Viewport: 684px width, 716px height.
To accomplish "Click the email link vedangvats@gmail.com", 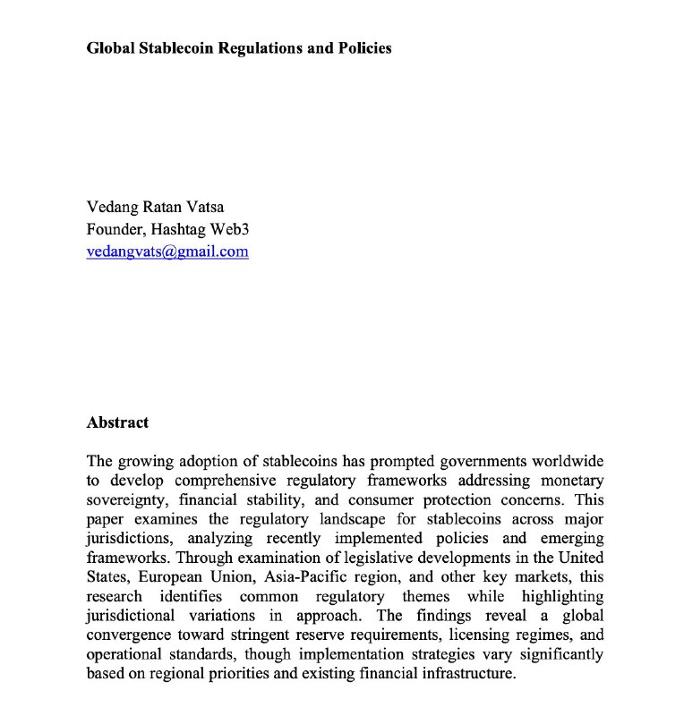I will tap(167, 251).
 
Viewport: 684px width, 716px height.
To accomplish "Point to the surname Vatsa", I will tap(203, 208).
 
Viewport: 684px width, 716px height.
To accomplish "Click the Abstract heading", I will tap(117, 422).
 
